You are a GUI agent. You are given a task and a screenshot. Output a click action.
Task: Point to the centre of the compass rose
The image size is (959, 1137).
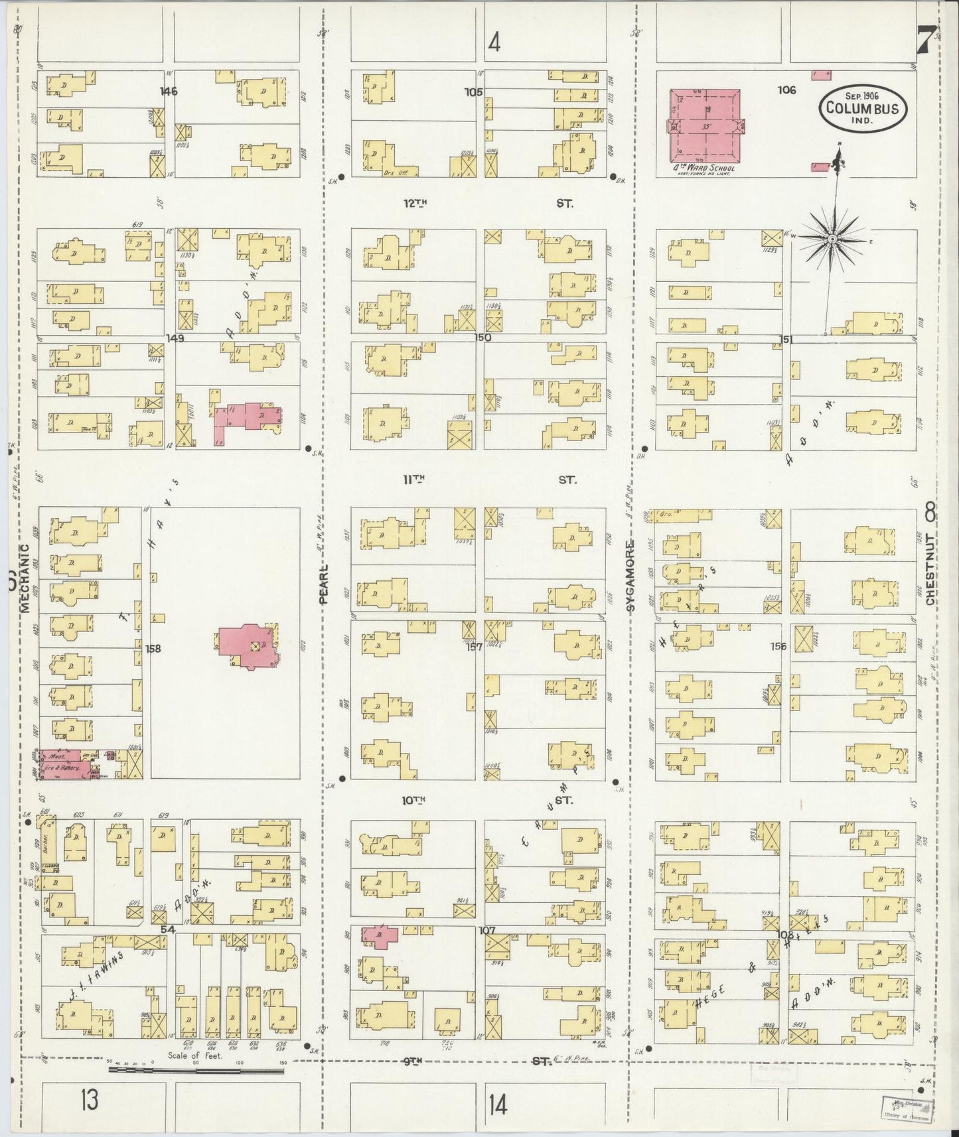[x=832, y=239]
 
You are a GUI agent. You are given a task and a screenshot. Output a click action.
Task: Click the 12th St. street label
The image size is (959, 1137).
[x=414, y=204]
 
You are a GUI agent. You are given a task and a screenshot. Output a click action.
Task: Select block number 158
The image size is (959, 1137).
[x=153, y=649]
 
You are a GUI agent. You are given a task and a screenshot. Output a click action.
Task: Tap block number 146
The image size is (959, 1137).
[x=169, y=92]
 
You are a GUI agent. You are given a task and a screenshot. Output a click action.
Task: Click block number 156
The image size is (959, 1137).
[x=778, y=645]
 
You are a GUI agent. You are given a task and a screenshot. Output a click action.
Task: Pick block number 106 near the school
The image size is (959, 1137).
[x=787, y=90]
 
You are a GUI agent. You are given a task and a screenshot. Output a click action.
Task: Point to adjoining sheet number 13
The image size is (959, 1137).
[x=90, y=1099]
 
